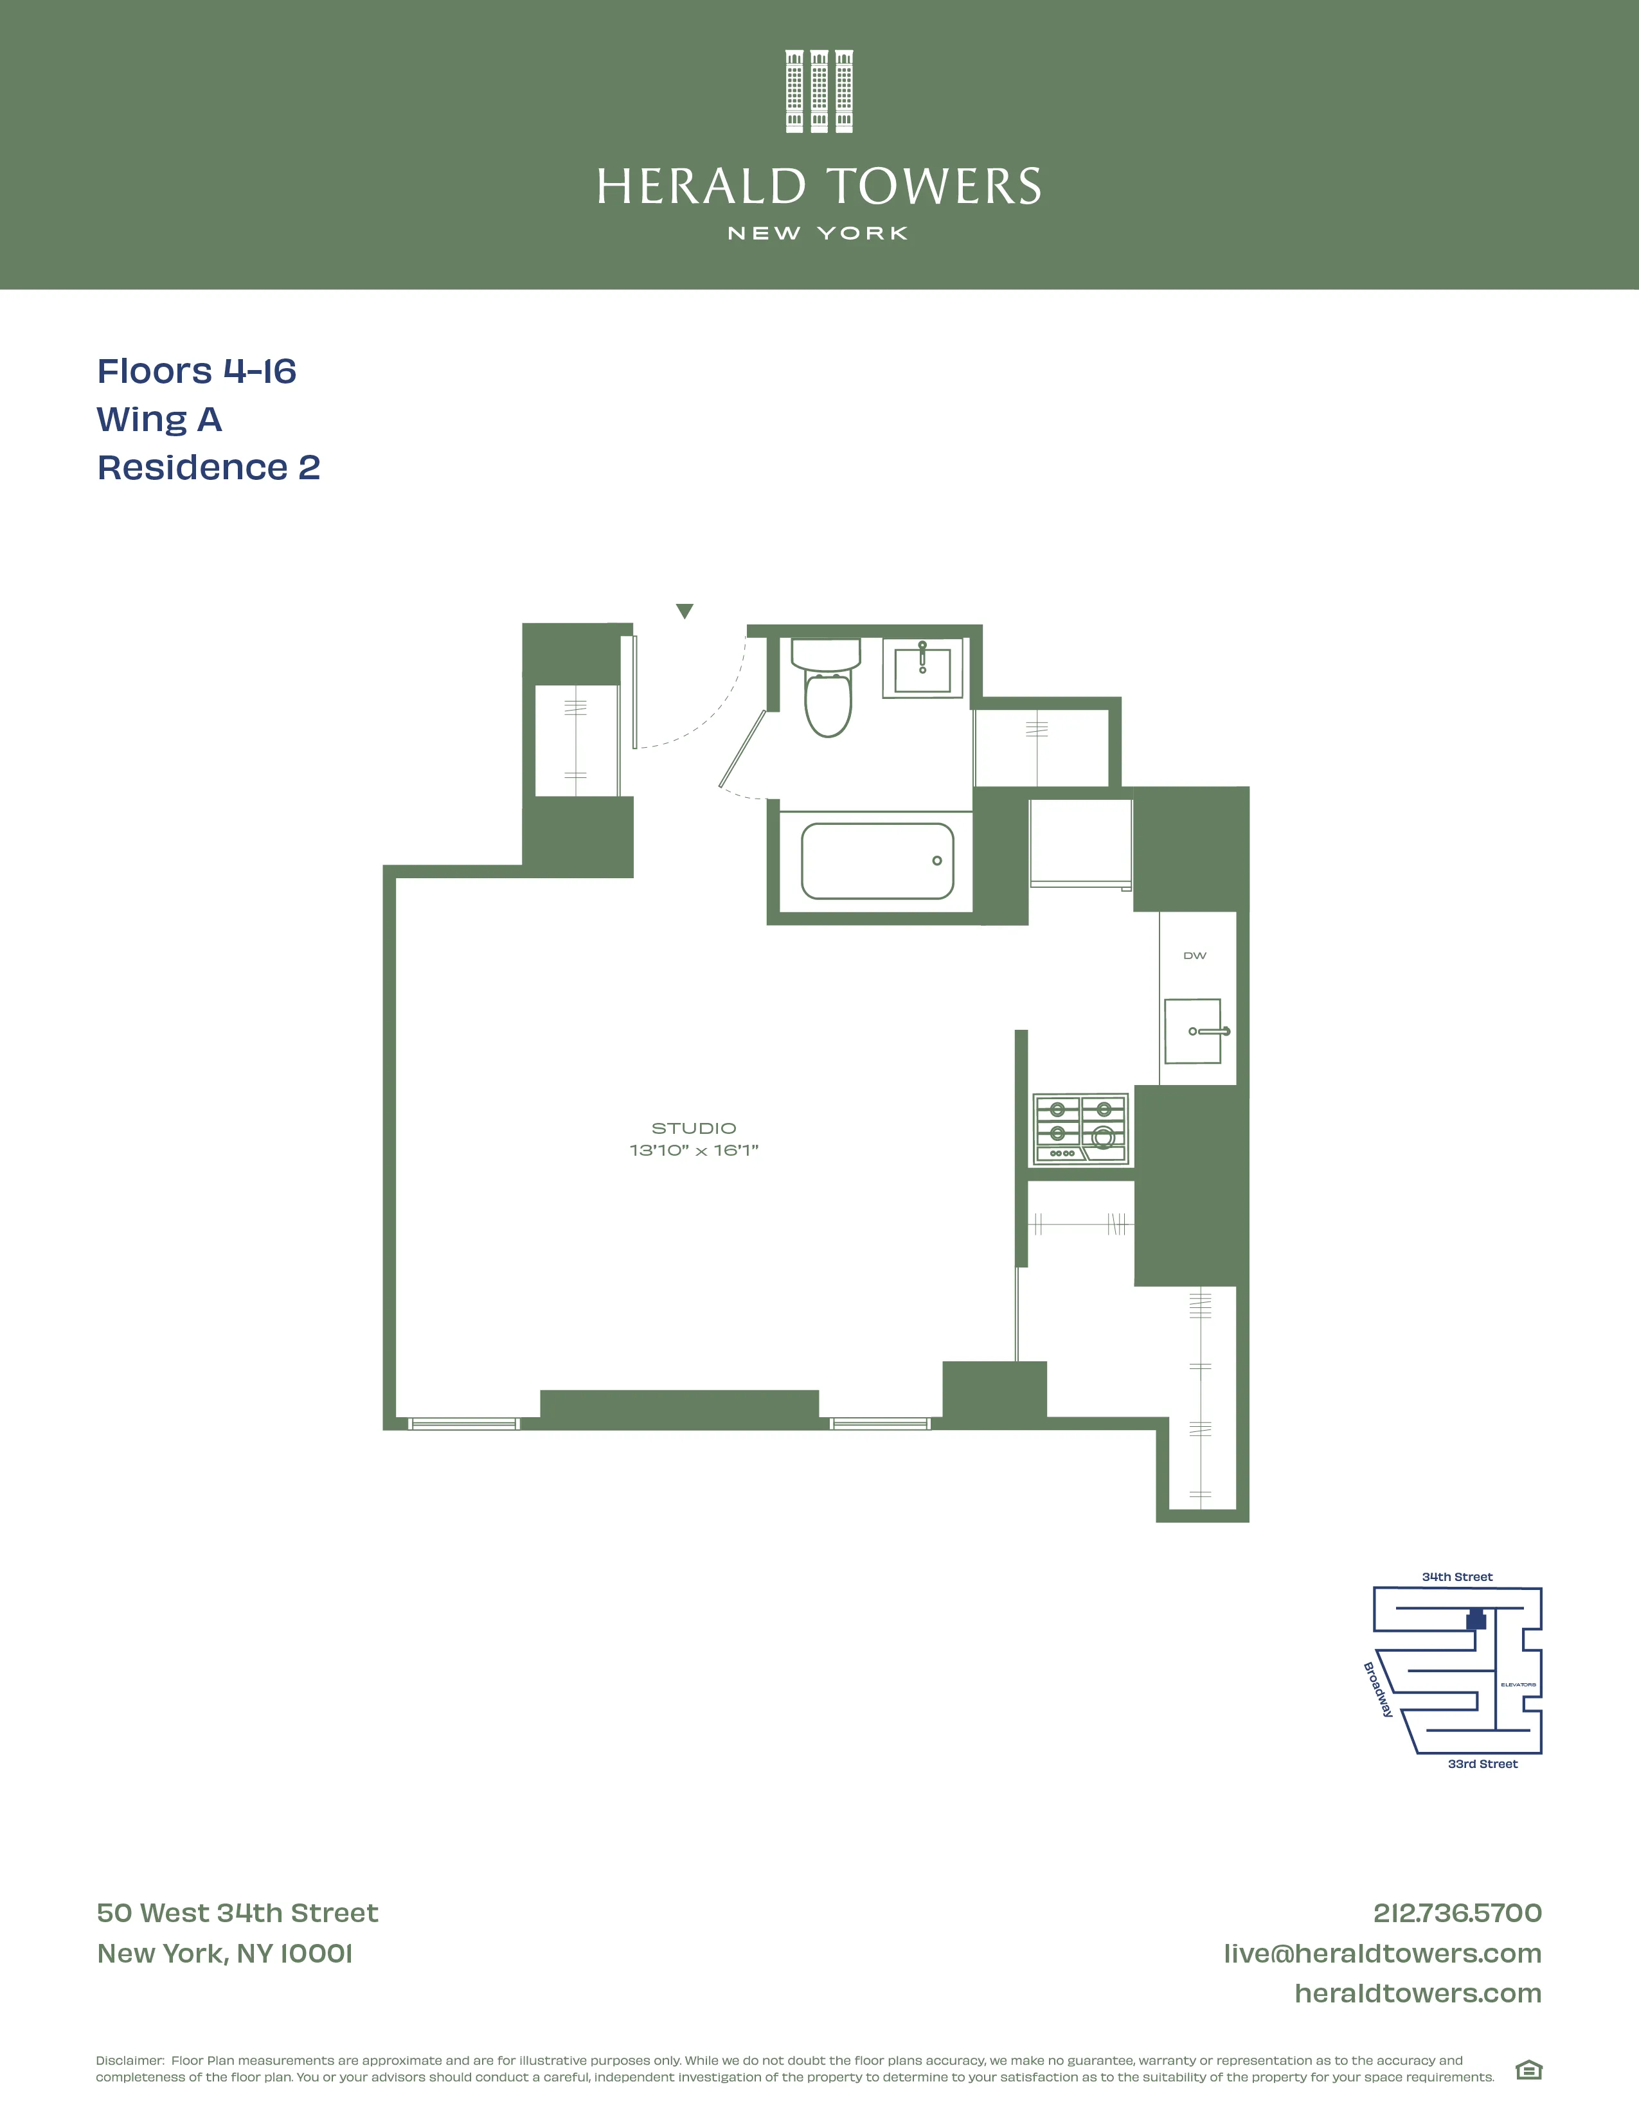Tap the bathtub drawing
pos(877,861)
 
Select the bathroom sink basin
pos(922,670)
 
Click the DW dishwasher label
pos(1194,956)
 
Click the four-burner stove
pos(1080,1129)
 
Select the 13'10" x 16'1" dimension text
pos(694,1151)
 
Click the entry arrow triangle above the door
pos(685,610)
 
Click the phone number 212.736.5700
pos(1456,1912)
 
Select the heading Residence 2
pos(209,468)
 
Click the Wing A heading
pos(159,420)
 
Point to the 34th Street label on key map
pos(1456,1577)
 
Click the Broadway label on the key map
pos(1378,1689)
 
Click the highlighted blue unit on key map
pos(1476,1620)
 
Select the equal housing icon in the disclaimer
pos(1528,2071)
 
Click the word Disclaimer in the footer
pos(129,2060)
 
